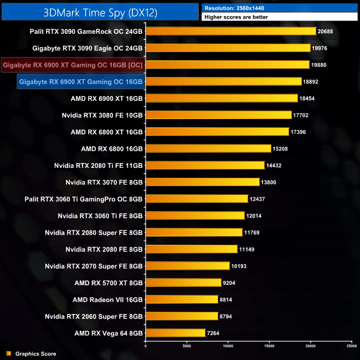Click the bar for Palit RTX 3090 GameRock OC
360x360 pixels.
(230, 31)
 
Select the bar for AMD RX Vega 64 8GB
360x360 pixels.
(175, 333)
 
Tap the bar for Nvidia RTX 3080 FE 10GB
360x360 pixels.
(218, 115)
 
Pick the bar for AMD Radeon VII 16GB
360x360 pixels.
(182, 300)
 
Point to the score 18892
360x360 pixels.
(312, 81)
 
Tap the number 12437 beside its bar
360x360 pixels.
(259, 199)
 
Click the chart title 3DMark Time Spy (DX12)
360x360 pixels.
(100, 11)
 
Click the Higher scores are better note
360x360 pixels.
(238, 17)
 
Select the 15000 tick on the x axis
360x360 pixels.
(269, 346)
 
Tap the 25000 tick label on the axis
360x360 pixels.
(351, 346)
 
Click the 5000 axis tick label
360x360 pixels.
(187, 346)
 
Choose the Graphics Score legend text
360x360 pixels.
(35, 353)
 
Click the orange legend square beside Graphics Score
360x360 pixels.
(8, 353)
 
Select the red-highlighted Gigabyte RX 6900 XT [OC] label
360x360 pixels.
(73, 65)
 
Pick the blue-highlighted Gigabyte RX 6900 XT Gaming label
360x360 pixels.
(81, 81)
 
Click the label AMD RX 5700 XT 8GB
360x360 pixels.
(108, 283)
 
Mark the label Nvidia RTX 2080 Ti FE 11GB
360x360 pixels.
(98, 166)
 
